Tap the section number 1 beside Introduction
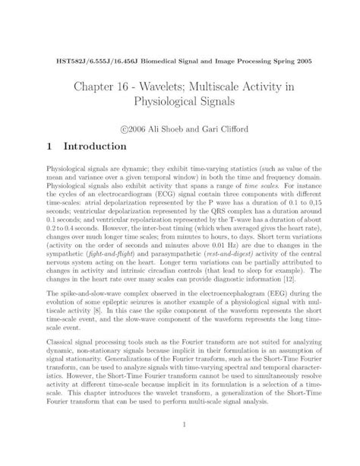(x=49, y=145)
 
